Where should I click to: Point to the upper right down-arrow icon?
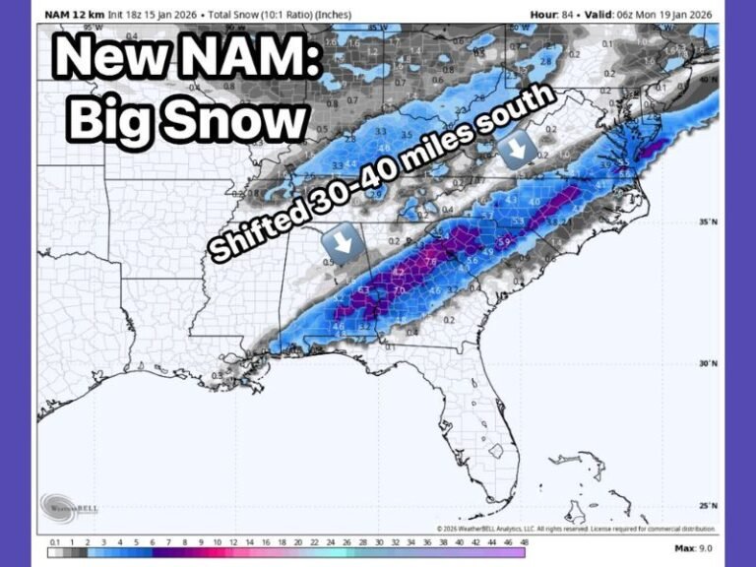pos(517,149)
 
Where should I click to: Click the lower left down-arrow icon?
pos(341,243)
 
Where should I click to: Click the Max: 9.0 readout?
pos(695,548)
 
